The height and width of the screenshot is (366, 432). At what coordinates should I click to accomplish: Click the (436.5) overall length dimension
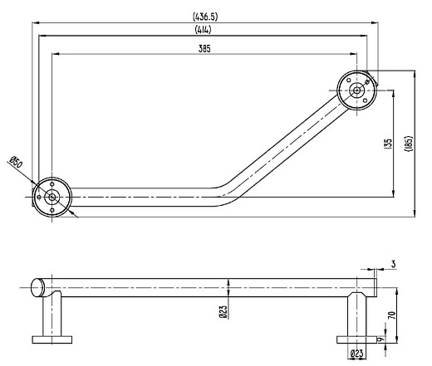[205, 17]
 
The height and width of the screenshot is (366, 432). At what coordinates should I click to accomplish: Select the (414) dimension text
[204, 29]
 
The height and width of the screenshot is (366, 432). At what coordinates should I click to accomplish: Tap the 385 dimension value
[204, 49]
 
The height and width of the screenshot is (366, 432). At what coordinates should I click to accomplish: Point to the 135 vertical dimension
[389, 144]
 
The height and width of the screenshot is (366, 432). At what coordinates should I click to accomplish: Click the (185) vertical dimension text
[409, 144]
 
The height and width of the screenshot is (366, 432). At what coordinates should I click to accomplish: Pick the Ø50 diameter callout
[16, 162]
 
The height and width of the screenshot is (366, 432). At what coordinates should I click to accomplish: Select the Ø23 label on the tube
[223, 311]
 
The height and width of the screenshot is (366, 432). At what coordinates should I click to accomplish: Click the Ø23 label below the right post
[356, 354]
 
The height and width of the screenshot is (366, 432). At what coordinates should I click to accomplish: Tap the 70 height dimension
[392, 315]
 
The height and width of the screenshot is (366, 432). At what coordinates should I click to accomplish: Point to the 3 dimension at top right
[394, 264]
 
